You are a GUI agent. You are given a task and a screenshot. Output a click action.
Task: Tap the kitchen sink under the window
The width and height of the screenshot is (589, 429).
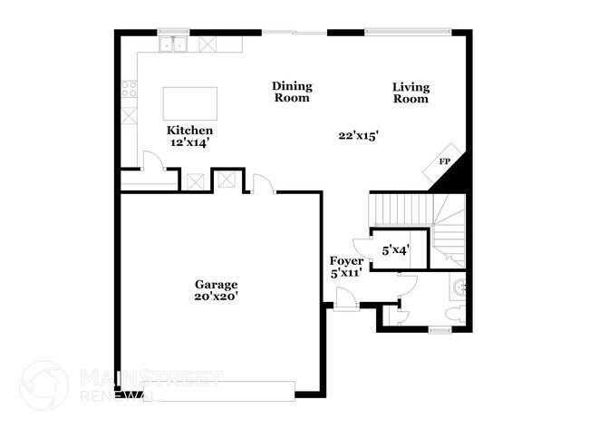[x=171, y=44]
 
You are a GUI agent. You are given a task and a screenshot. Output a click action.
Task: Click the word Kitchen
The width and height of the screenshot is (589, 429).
[x=189, y=130]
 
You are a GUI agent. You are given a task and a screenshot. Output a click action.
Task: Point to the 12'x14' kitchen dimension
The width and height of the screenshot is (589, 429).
[x=189, y=142]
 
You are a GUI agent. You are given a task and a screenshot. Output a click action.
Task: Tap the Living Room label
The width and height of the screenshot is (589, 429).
[x=410, y=93]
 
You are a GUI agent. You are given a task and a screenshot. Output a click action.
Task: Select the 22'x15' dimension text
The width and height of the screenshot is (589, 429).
[x=358, y=135]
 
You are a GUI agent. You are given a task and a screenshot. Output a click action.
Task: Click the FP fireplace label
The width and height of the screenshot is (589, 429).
[x=444, y=161]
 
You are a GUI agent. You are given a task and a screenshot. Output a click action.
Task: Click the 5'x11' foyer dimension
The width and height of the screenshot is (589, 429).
[x=346, y=273]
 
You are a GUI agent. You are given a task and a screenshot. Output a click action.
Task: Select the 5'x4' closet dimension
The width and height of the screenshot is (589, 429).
[x=395, y=249]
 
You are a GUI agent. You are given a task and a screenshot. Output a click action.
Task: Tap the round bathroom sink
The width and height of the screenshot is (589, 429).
[x=459, y=289]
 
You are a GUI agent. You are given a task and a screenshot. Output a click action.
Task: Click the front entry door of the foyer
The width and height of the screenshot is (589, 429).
[x=345, y=297]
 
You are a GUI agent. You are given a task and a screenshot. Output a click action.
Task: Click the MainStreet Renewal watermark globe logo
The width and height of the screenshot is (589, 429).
[x=43, y=384]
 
